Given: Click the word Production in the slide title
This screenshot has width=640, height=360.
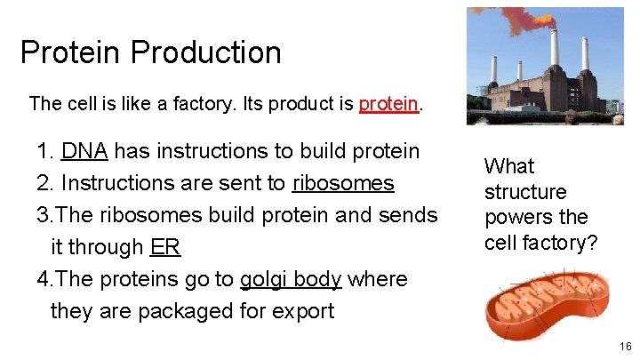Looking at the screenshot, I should pos(205,52).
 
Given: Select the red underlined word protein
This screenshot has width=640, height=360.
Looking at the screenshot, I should pos(388,103).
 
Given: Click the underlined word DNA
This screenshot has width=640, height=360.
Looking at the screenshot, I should pos(84,151).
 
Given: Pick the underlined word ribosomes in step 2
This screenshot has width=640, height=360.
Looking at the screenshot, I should pos(343,183).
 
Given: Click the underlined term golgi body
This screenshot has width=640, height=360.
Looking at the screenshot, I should pos(291,279).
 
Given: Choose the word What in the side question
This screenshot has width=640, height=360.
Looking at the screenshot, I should pos(508,166).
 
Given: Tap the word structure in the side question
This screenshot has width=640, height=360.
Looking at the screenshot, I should pos(524,192).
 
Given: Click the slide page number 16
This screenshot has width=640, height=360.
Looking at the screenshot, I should pos(626,347).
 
